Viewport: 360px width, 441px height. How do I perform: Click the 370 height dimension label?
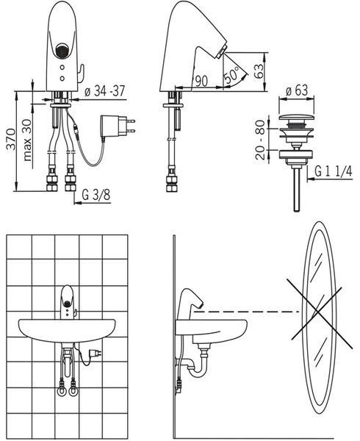[x=11, y=139]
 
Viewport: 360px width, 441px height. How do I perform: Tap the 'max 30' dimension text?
[x=27, y=140]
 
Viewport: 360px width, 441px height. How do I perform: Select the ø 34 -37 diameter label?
[x=104, y=91]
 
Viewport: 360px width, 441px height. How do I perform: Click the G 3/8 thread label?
[x=96, y=195]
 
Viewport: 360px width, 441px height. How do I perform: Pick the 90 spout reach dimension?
[x=201, y=82]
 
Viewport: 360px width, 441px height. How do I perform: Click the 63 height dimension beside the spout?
[x=259, y=71]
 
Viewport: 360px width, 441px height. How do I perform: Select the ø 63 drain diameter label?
[x=297, y=90]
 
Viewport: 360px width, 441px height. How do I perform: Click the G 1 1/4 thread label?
[x=334, y=171]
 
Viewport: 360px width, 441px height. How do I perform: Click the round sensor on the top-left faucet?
[x=62, y=50]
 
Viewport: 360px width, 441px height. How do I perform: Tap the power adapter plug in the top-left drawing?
[x=118, y=126]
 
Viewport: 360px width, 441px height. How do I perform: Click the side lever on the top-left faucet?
[x=81, y=73]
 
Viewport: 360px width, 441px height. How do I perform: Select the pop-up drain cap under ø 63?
[x=297, y=118]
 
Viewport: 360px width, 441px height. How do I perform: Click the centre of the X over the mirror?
[x=317, y=311]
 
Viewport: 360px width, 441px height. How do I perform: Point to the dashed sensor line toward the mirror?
[x=247, y=312]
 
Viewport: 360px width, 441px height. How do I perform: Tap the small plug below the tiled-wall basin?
[x=94, y=353]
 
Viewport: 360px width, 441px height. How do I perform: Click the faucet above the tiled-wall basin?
[x=68, y=302]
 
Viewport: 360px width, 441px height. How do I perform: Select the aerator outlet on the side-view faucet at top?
[x=220, y=53]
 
